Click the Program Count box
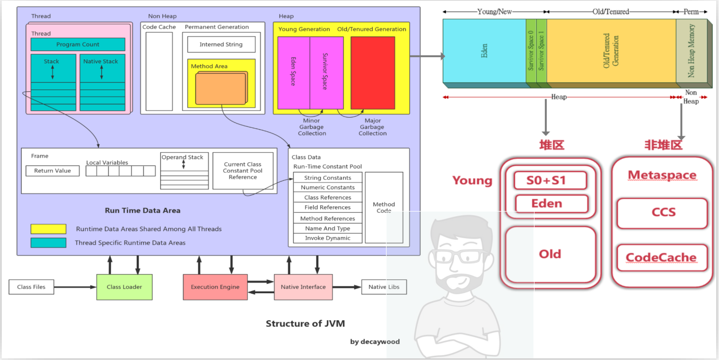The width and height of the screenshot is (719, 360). (78, 45)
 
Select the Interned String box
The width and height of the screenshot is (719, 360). (221, 45)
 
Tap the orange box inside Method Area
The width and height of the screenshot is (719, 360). (221, 89)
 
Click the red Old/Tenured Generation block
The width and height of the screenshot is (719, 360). (373, 73)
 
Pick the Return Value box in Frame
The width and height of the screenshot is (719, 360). (52, 171)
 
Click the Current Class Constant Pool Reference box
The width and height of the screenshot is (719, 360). (243, 171)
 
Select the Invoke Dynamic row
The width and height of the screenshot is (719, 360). (328, 238)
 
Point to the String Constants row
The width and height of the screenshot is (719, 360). (328, 178)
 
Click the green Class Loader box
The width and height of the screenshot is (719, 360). (124, 287)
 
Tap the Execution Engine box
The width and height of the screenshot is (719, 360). (215, 287)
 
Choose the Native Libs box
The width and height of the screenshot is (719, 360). (384, 287)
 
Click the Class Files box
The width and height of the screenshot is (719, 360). (31, 287)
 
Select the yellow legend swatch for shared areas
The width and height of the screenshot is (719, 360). (48, 229)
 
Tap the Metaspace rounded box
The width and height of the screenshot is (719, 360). (661, 175)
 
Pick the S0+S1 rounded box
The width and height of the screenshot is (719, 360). (549, 180)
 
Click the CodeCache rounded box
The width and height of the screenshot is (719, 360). (661, 258)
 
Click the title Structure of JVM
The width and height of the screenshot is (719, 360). (305, 323)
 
